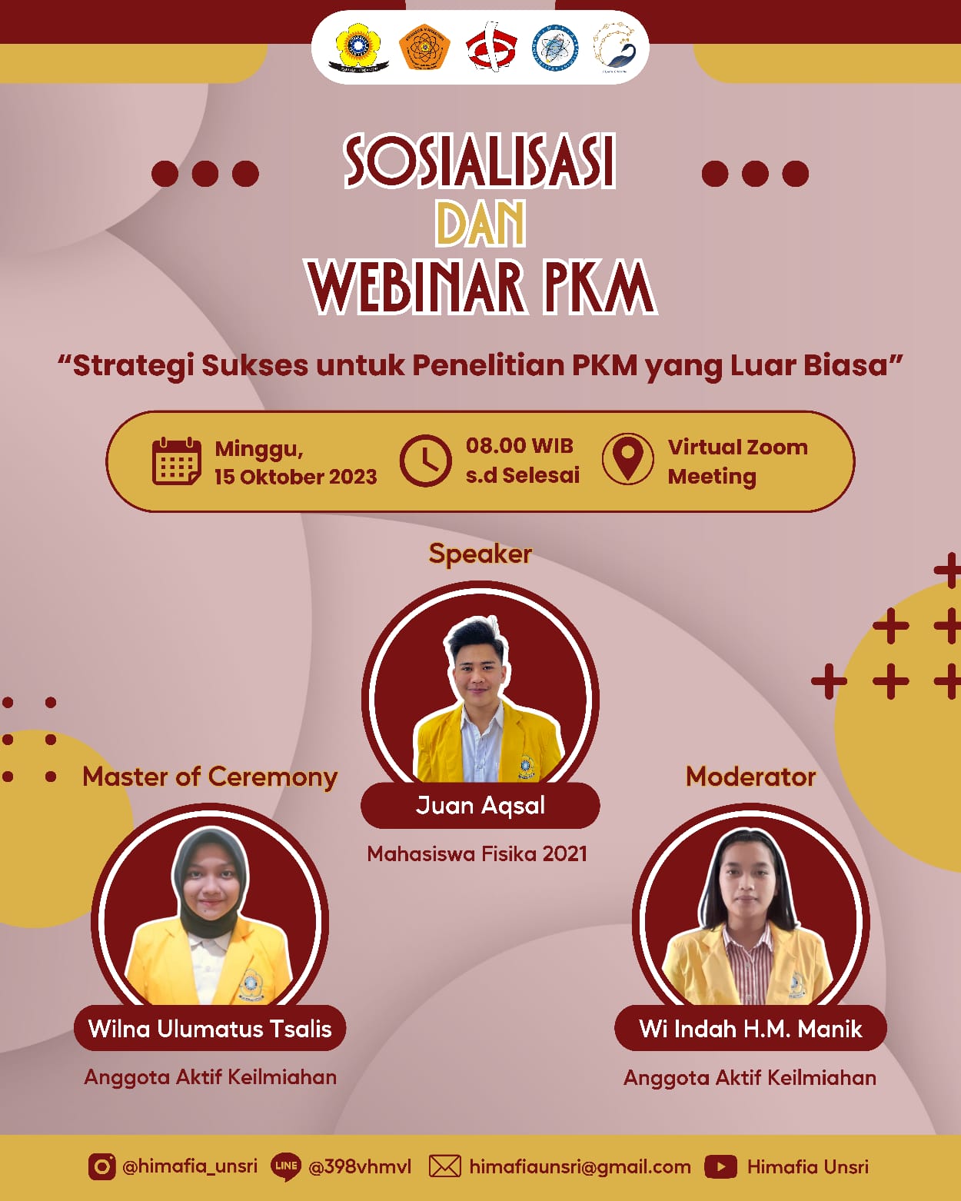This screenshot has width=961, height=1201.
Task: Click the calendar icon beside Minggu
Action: point(177,461)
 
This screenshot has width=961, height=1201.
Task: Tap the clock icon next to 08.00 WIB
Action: point(425,461)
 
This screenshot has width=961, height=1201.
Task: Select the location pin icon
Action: point(628,459)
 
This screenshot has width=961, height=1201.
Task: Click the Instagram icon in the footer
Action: point(101,1166)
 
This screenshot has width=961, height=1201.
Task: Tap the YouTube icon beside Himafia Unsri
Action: point(720,1166)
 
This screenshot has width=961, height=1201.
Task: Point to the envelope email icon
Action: point(444,1166)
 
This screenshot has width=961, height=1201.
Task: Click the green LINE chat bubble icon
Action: point(286,1166)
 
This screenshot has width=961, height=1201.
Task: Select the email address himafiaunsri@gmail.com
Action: point(580,1166)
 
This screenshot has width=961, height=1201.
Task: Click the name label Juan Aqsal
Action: point(480,805)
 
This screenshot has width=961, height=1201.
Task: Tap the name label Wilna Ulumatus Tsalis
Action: point(210,1028)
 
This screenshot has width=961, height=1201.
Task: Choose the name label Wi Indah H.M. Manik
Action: point(750,1028)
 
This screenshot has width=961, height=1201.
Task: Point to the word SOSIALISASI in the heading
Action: point(480,161)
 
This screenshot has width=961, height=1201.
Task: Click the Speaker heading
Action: point(480,554)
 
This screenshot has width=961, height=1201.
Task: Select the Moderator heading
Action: point(750,777)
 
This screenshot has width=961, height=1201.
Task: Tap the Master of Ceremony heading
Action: point(210,777)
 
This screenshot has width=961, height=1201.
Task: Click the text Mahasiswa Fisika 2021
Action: point(477,853)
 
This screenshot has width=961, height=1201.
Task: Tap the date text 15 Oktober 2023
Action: point(296,477)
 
